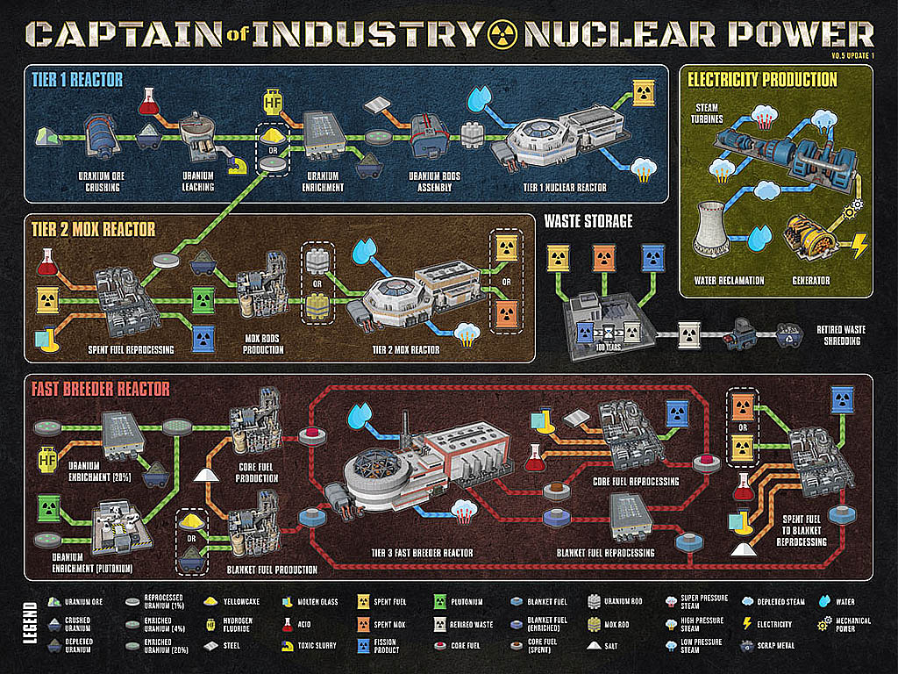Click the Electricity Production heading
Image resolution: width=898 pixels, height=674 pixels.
point(762,80)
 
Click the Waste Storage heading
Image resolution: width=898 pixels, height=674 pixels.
point(588,221)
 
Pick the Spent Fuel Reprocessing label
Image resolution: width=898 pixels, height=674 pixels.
point(118,349)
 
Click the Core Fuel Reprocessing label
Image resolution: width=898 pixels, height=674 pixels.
point(636,481)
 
